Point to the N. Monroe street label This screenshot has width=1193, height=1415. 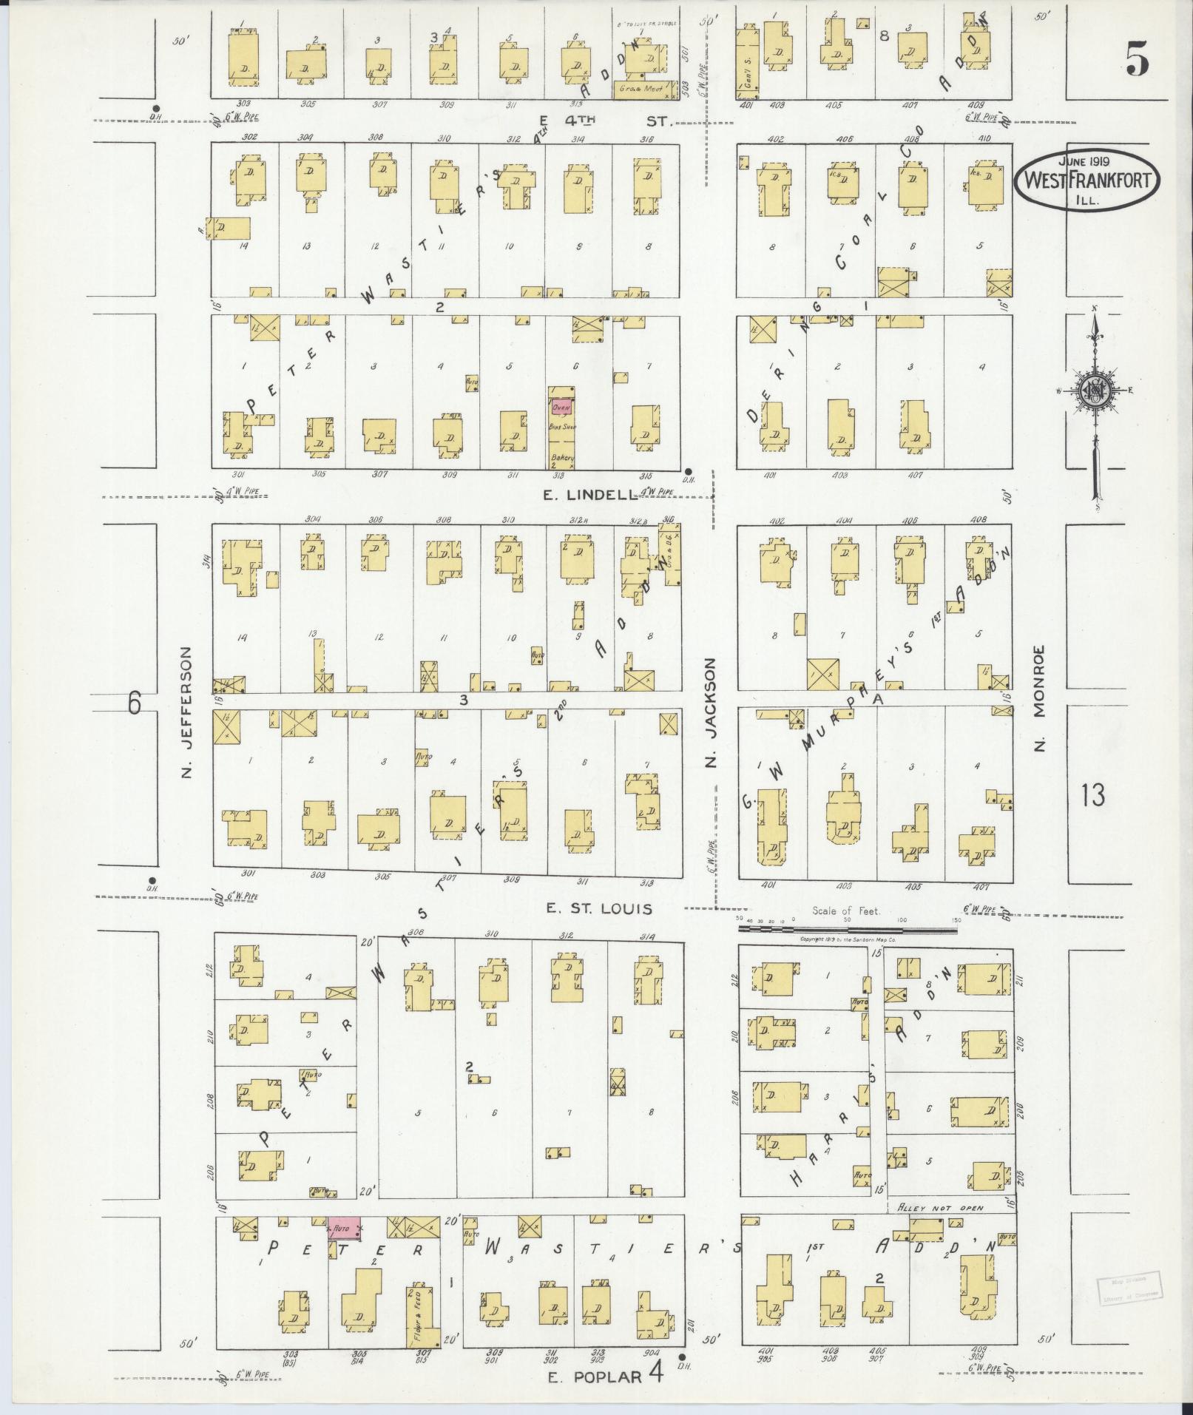tap(1039, 698)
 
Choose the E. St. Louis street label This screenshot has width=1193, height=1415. tap(599, 908)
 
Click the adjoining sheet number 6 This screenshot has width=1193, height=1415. tap(134, 703)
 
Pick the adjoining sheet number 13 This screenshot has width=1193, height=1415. tap(1092, 796)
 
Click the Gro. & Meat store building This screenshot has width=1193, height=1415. tap(645, 90)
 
